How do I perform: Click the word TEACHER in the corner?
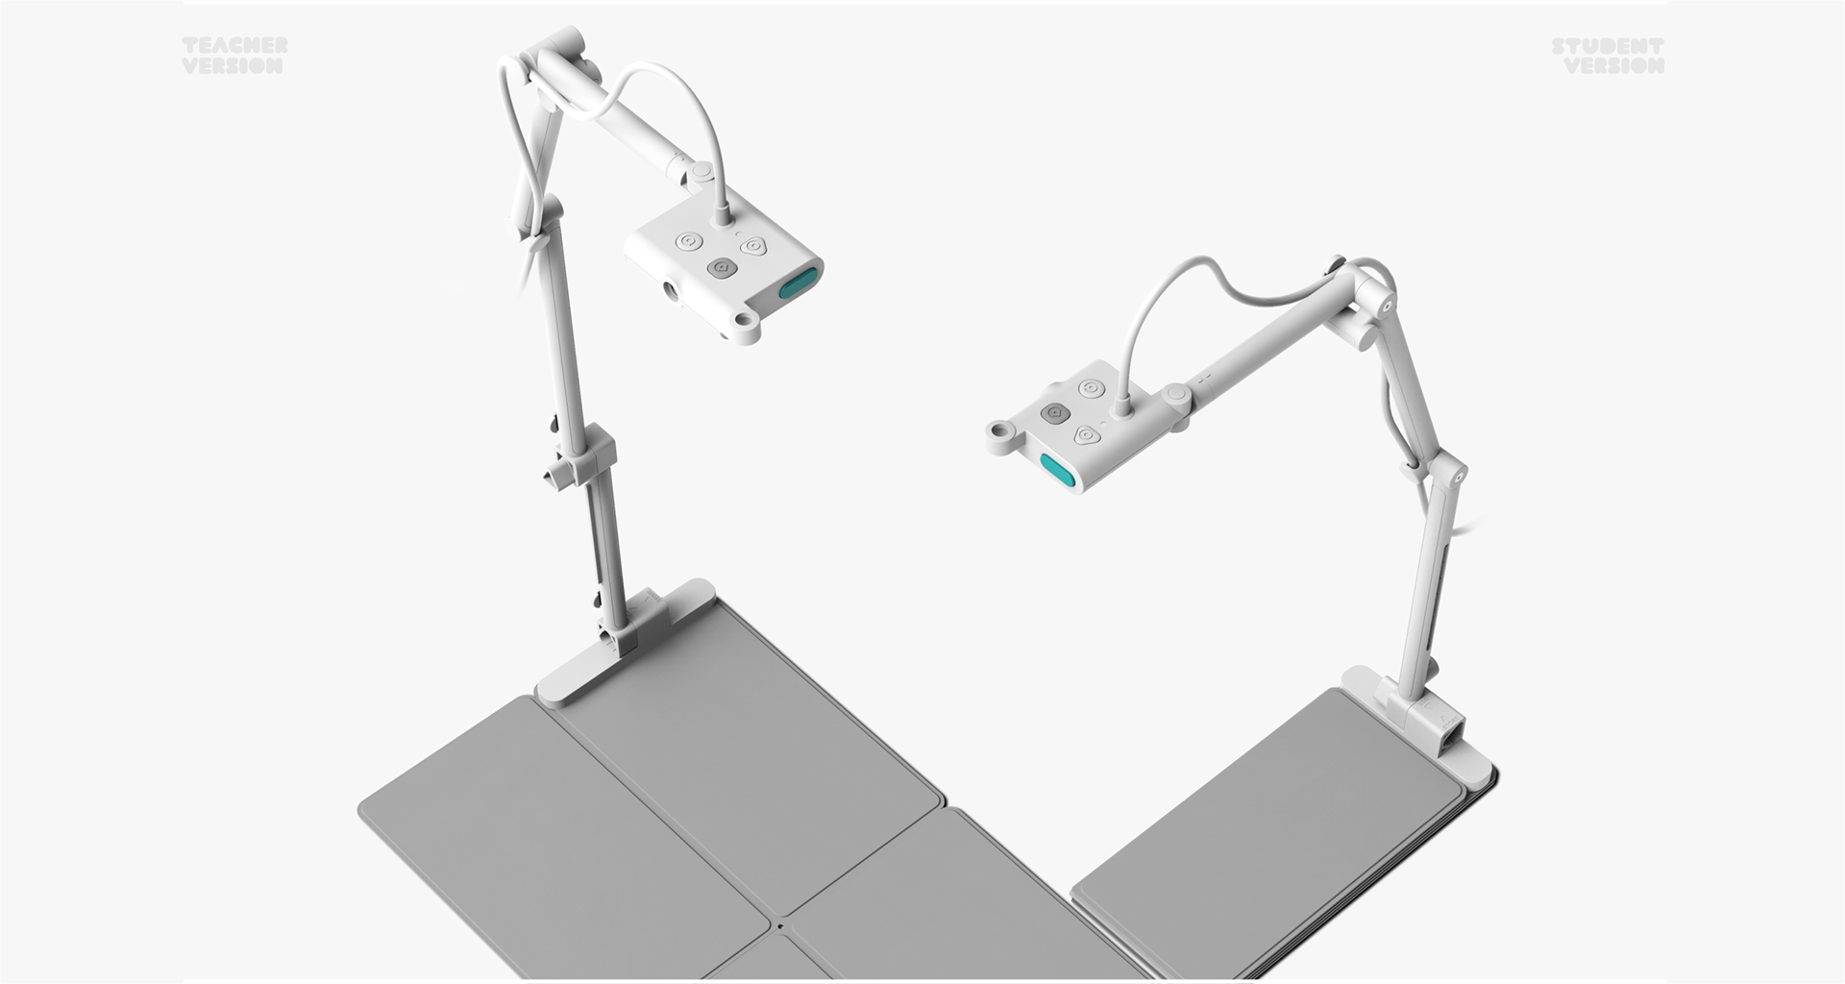click(x=234, y=45)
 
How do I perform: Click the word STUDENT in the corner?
click(x=1608, y=45)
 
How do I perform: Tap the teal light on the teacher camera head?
click(x=799, y=283)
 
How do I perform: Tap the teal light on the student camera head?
click(x=1057, y=470)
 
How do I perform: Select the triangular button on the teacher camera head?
click(x=752, y=246)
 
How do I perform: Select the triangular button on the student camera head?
click(x=1086, y=435)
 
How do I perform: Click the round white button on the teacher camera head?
click(x=688, y=242)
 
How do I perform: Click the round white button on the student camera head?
click(x=1090, y=389)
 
